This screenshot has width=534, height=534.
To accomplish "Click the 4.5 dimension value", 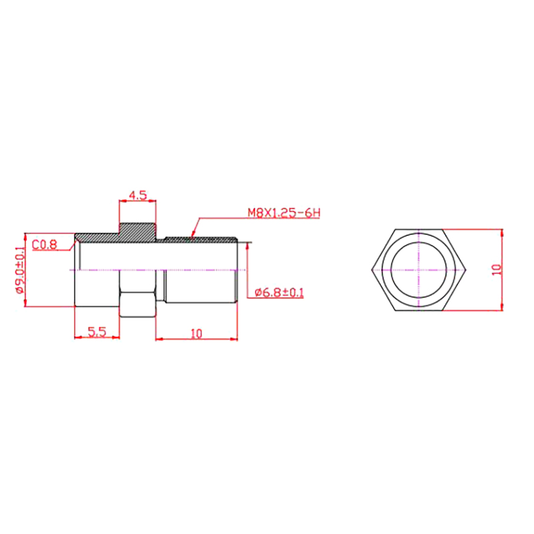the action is click(x=138, y=195).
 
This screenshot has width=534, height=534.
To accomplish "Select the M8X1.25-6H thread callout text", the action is click(x=284, y=214).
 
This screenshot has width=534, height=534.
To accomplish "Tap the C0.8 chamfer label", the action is click(x=45, y=244).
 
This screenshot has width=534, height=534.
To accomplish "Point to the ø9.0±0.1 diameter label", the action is click(x=19, y=270).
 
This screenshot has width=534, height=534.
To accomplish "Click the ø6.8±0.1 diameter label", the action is click(x=279, y=292).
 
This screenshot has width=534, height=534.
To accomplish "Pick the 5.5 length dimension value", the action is click(x=97, y=331).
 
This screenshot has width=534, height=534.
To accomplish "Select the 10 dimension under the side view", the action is click(x=196, y=333).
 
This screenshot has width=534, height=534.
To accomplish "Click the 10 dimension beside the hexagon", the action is click(x=497, y=270).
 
